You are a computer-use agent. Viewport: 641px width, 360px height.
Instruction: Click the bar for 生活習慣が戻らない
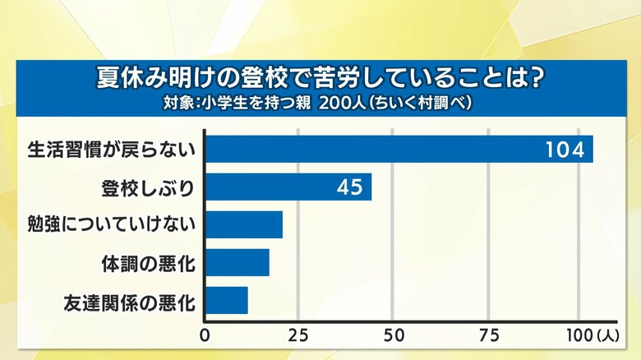click(x=399, y=150)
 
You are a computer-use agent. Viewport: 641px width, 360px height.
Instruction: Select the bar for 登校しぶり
click(x=288, y=187)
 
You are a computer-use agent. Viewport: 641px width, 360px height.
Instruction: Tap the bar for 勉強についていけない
click(x=243, y=224)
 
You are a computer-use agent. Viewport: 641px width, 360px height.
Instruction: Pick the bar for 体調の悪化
click(x=237, y=262)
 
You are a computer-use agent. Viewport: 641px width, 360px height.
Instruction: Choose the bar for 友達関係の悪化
click(x=226, y=300)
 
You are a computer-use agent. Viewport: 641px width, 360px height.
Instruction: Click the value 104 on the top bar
click(x=565, y=150)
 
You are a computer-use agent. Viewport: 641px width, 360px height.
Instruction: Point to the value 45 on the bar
click(x=349, y=187)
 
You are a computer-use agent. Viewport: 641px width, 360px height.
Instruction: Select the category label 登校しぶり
click(x=146, y=187)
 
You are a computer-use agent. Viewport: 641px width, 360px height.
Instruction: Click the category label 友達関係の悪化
click(x=130, y=301)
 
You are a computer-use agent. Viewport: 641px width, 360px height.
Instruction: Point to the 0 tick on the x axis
click(x=205, y=335)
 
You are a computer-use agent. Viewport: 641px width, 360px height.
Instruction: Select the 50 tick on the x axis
click(x=394, y=335)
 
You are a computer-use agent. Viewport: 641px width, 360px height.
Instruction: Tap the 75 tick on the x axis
click(x=488, y=335)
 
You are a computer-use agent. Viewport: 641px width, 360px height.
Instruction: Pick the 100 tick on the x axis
click(x=578, y=335)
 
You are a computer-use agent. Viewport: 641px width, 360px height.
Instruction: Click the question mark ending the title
click(x=535, y=80)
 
